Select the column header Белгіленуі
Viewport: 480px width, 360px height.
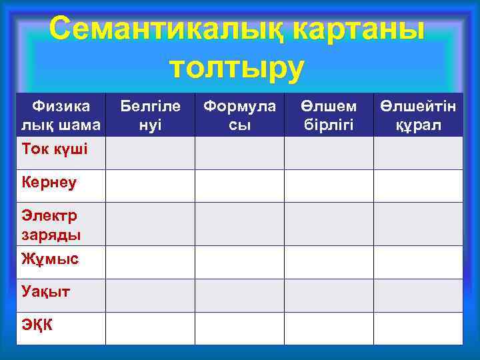pyautogui.click(x=150, y=115)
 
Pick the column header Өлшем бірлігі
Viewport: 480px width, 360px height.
pyautogui.click(x=329, y=115)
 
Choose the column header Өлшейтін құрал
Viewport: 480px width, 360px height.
pyautogui.click(x=418, y=115)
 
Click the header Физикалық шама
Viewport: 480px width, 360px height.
pyautogui.click(x=61, y=115)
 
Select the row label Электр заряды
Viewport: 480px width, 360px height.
pyautogui.click(x=51, y=225)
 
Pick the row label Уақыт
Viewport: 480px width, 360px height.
pyautogui.click(x=46, y=291)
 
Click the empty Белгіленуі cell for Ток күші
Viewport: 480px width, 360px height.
pyautogui.click(x=150, y=153)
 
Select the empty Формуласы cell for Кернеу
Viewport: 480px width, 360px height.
pyautogui.click(x=239, y=186)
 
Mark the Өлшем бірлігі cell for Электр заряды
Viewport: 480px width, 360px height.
pyautogui.click(x=329, y=224)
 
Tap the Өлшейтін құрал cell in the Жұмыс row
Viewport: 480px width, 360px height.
pyautogui.click(x=418, y=262)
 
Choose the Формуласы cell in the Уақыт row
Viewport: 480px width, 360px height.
pyautogui.click(x=239, y=295)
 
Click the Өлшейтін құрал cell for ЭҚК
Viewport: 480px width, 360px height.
pyautogui.click(x=418, y=328)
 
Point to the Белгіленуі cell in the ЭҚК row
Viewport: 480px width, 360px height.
pyautogui.click(x=150, y=328)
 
